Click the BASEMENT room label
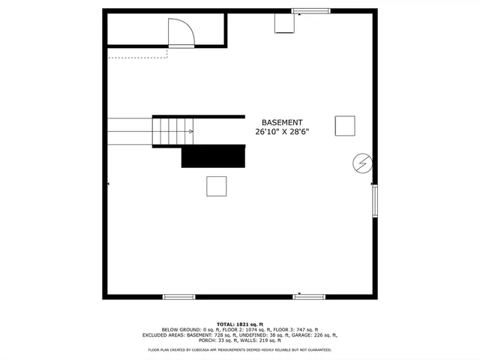[282, 122]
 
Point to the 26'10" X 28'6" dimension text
[282, 132]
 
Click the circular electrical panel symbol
[362, 163]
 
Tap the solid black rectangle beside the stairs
[214, 156]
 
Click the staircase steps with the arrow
[173, 132]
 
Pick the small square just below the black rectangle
[217, 186]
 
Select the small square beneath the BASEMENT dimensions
[345, 125]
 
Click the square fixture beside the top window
[284, 23]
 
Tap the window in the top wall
[310, 11]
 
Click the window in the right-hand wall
[374, 201]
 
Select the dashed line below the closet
[139, 56]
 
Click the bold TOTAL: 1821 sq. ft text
[240, 323]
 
